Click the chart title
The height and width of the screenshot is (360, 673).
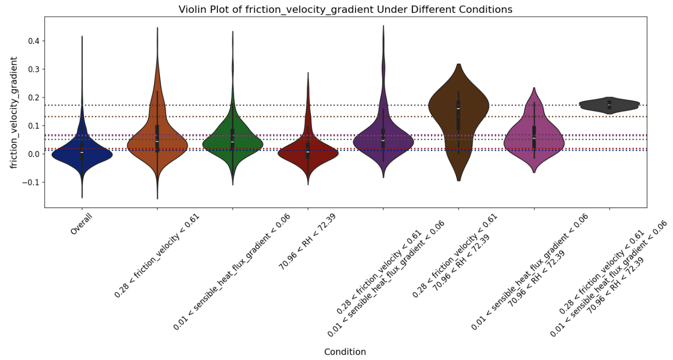point(345,9)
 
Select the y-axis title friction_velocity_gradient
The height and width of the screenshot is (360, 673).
point(14,112)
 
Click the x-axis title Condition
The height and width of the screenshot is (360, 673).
point(345,352)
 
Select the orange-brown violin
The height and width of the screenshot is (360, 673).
point(157,143)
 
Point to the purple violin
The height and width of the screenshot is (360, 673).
point(383,143)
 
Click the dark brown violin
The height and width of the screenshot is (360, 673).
point(459,108)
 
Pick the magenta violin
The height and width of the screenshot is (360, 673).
point(534,140)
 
